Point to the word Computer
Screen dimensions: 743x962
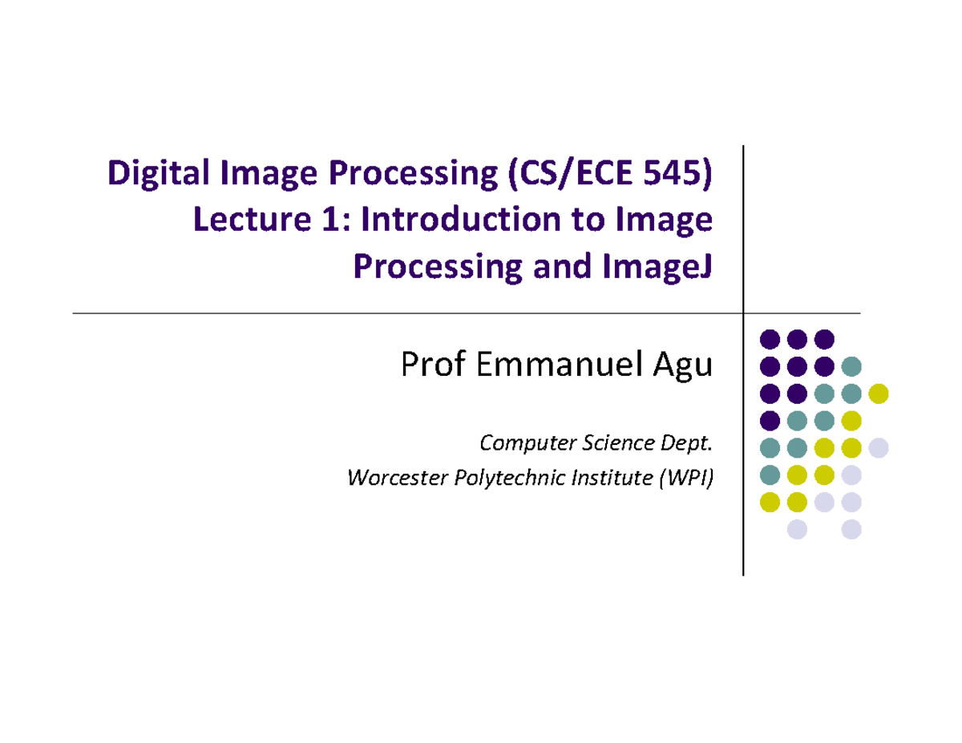[x=519, y=441]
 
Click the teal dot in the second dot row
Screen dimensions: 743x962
[x=851, y=366]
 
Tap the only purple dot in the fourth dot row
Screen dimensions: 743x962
[x=770, y=420]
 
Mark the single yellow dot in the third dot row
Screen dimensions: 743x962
[x=879, y=394]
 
